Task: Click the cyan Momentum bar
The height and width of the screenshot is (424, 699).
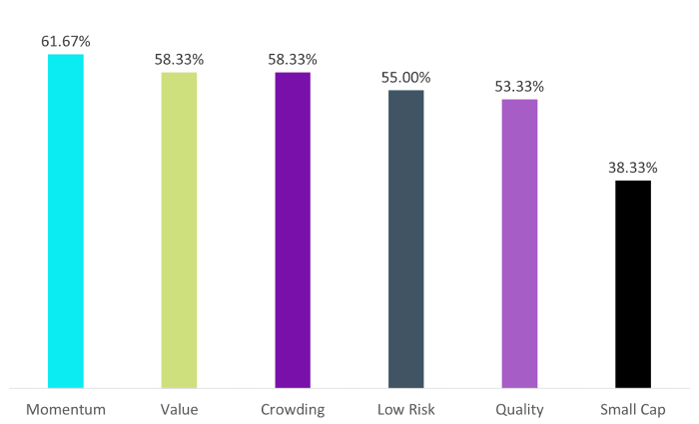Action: pos(66,220)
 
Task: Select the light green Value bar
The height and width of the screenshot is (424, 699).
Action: pos(180,229)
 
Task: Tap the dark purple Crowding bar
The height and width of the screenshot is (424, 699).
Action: pos(293,229)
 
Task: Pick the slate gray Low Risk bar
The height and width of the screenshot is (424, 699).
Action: pos(405,238)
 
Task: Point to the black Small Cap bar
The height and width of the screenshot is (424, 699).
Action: pos(633,283)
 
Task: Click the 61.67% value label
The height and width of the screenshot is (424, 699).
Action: pos(66,42)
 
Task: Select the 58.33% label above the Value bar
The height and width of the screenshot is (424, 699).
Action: pos(180,60)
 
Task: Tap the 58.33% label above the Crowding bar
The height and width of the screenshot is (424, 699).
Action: pos(293,60)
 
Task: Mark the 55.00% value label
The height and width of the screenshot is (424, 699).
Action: pos(405,77)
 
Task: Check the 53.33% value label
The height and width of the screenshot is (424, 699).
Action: pos(519,86)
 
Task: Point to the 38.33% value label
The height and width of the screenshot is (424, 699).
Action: pos(633,167)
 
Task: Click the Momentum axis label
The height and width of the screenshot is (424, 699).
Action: pos(66,409)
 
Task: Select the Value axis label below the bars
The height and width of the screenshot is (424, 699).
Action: pos(180,409)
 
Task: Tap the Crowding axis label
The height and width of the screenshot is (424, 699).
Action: pos(293,409)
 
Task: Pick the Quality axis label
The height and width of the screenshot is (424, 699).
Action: pos(519,409)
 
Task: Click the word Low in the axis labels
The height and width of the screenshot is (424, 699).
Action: pos(391,409)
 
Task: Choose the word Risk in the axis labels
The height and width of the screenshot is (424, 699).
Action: pos(420,409)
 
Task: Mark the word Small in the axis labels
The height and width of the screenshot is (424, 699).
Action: pos(619,409)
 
